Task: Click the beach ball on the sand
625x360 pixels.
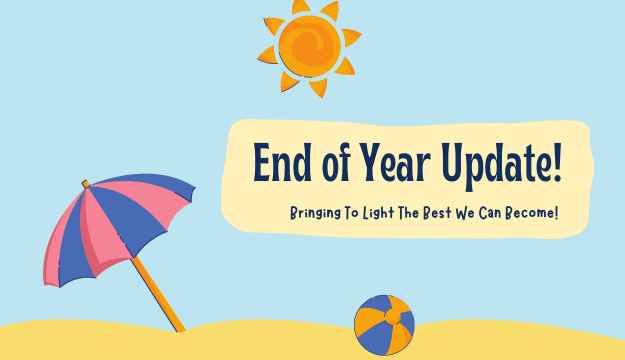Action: (384, 325)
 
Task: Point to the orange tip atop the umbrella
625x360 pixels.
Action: (86, 184)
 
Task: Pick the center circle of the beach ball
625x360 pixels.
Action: (394, 319)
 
